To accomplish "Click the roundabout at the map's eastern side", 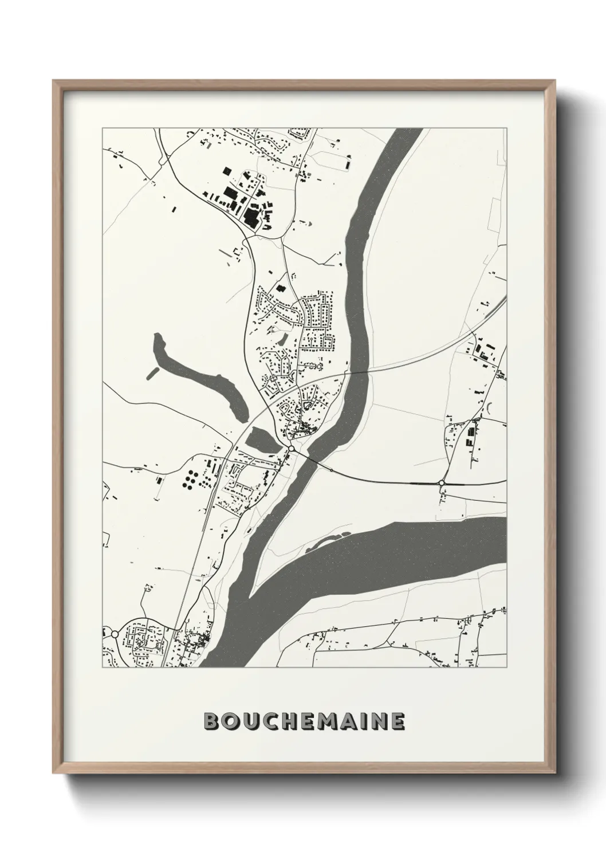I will click(x=442, y=484).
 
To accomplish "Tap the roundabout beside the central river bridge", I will click(x=291, y=449).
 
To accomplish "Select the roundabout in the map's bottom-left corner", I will click(x=115, y=634).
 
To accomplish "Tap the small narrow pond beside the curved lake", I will click(x=152, y=374).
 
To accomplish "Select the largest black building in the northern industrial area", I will click(x=251, y=216).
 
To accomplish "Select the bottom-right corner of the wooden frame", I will click(x=554, y=775).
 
